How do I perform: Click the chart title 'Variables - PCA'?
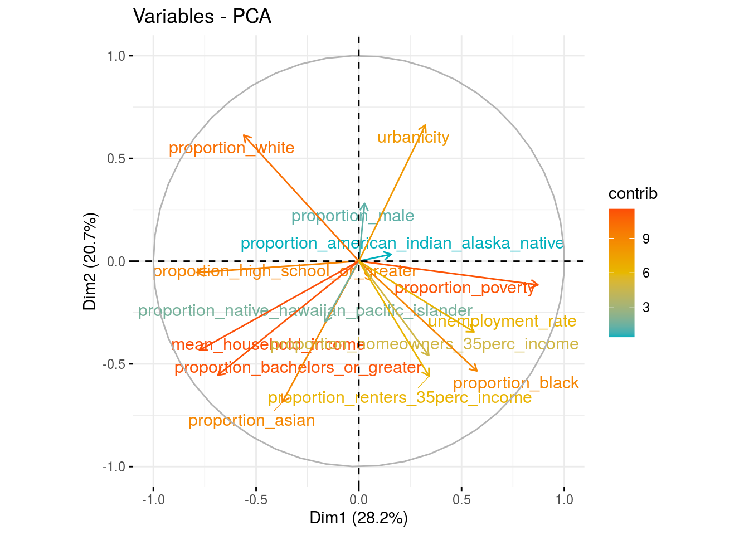click(202, 17)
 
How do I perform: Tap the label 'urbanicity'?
click(413, 137)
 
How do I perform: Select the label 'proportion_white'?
click(231, 148)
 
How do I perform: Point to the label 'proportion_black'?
click(515, 383)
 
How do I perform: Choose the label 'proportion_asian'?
click(251, 421)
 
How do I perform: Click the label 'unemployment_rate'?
click(502, 322)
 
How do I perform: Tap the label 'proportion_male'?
click(352, 216)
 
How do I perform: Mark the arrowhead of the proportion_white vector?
click(244, 135)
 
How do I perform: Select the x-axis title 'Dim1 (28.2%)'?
click(358, 518)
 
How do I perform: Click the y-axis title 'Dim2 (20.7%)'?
click(90, 261)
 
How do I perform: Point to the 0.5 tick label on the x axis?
click(461, 499)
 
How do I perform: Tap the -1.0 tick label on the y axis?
click(114, 467)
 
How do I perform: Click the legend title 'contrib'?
click(633, 194)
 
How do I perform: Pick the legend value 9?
click(645, 239)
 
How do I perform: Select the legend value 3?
click(645, 308)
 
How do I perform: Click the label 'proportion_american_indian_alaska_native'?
click(402, 244)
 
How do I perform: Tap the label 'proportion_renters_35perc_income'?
click(400, 398)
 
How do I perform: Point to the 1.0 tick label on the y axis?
click(116, 56)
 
